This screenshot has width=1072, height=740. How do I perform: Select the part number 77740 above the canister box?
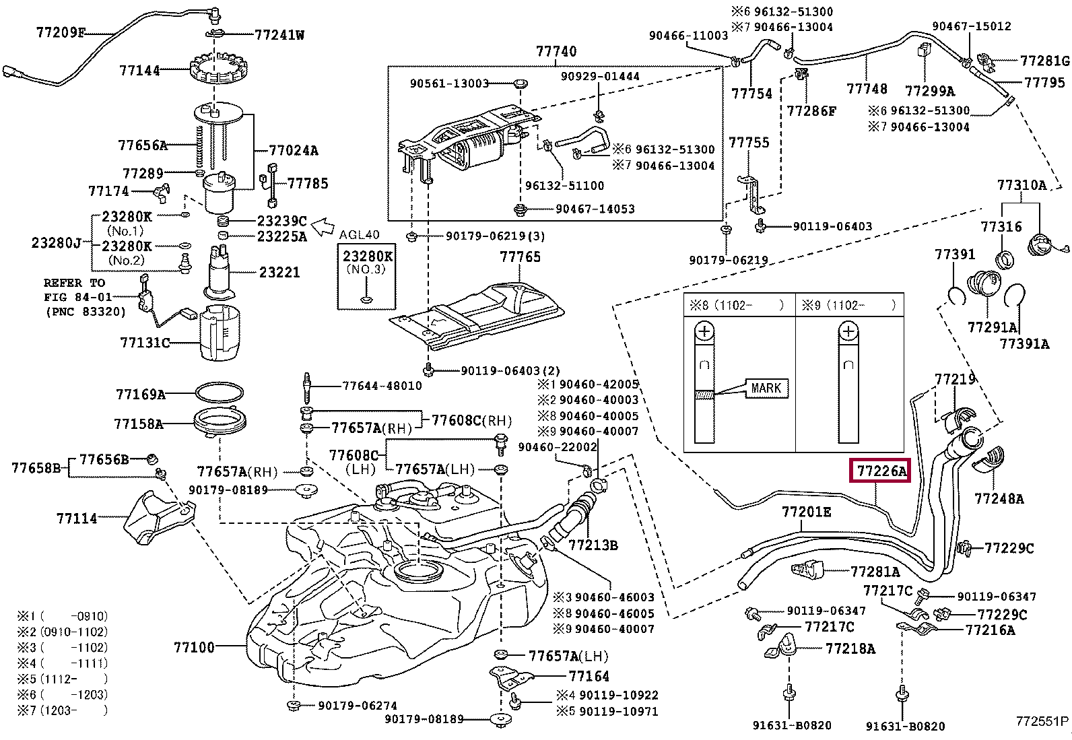[556, 51]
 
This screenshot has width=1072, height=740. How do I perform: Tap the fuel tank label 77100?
[195, 647]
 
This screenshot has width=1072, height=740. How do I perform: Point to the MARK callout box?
[766, 388]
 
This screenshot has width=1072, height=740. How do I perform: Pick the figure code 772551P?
[1042, 721]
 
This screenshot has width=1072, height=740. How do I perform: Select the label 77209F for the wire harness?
[61, 32]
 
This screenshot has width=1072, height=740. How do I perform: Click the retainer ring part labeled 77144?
[219, 69]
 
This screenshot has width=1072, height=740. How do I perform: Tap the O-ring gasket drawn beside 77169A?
[220, 393]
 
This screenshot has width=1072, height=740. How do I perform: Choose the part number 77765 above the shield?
[521, 257]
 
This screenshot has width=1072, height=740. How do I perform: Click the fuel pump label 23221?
[279, 272]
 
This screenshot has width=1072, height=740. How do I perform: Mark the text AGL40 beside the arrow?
[359, 234]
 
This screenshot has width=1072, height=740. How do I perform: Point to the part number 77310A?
[1021, 184]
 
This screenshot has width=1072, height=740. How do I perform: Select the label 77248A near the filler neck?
[999, 499]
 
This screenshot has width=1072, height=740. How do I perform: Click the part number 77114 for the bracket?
[77, 518]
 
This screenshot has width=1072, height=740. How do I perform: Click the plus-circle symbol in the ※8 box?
[704, 331]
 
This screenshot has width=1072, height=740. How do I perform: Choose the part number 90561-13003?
[449, 83]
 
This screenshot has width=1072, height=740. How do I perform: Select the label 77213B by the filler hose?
[593, 545]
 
